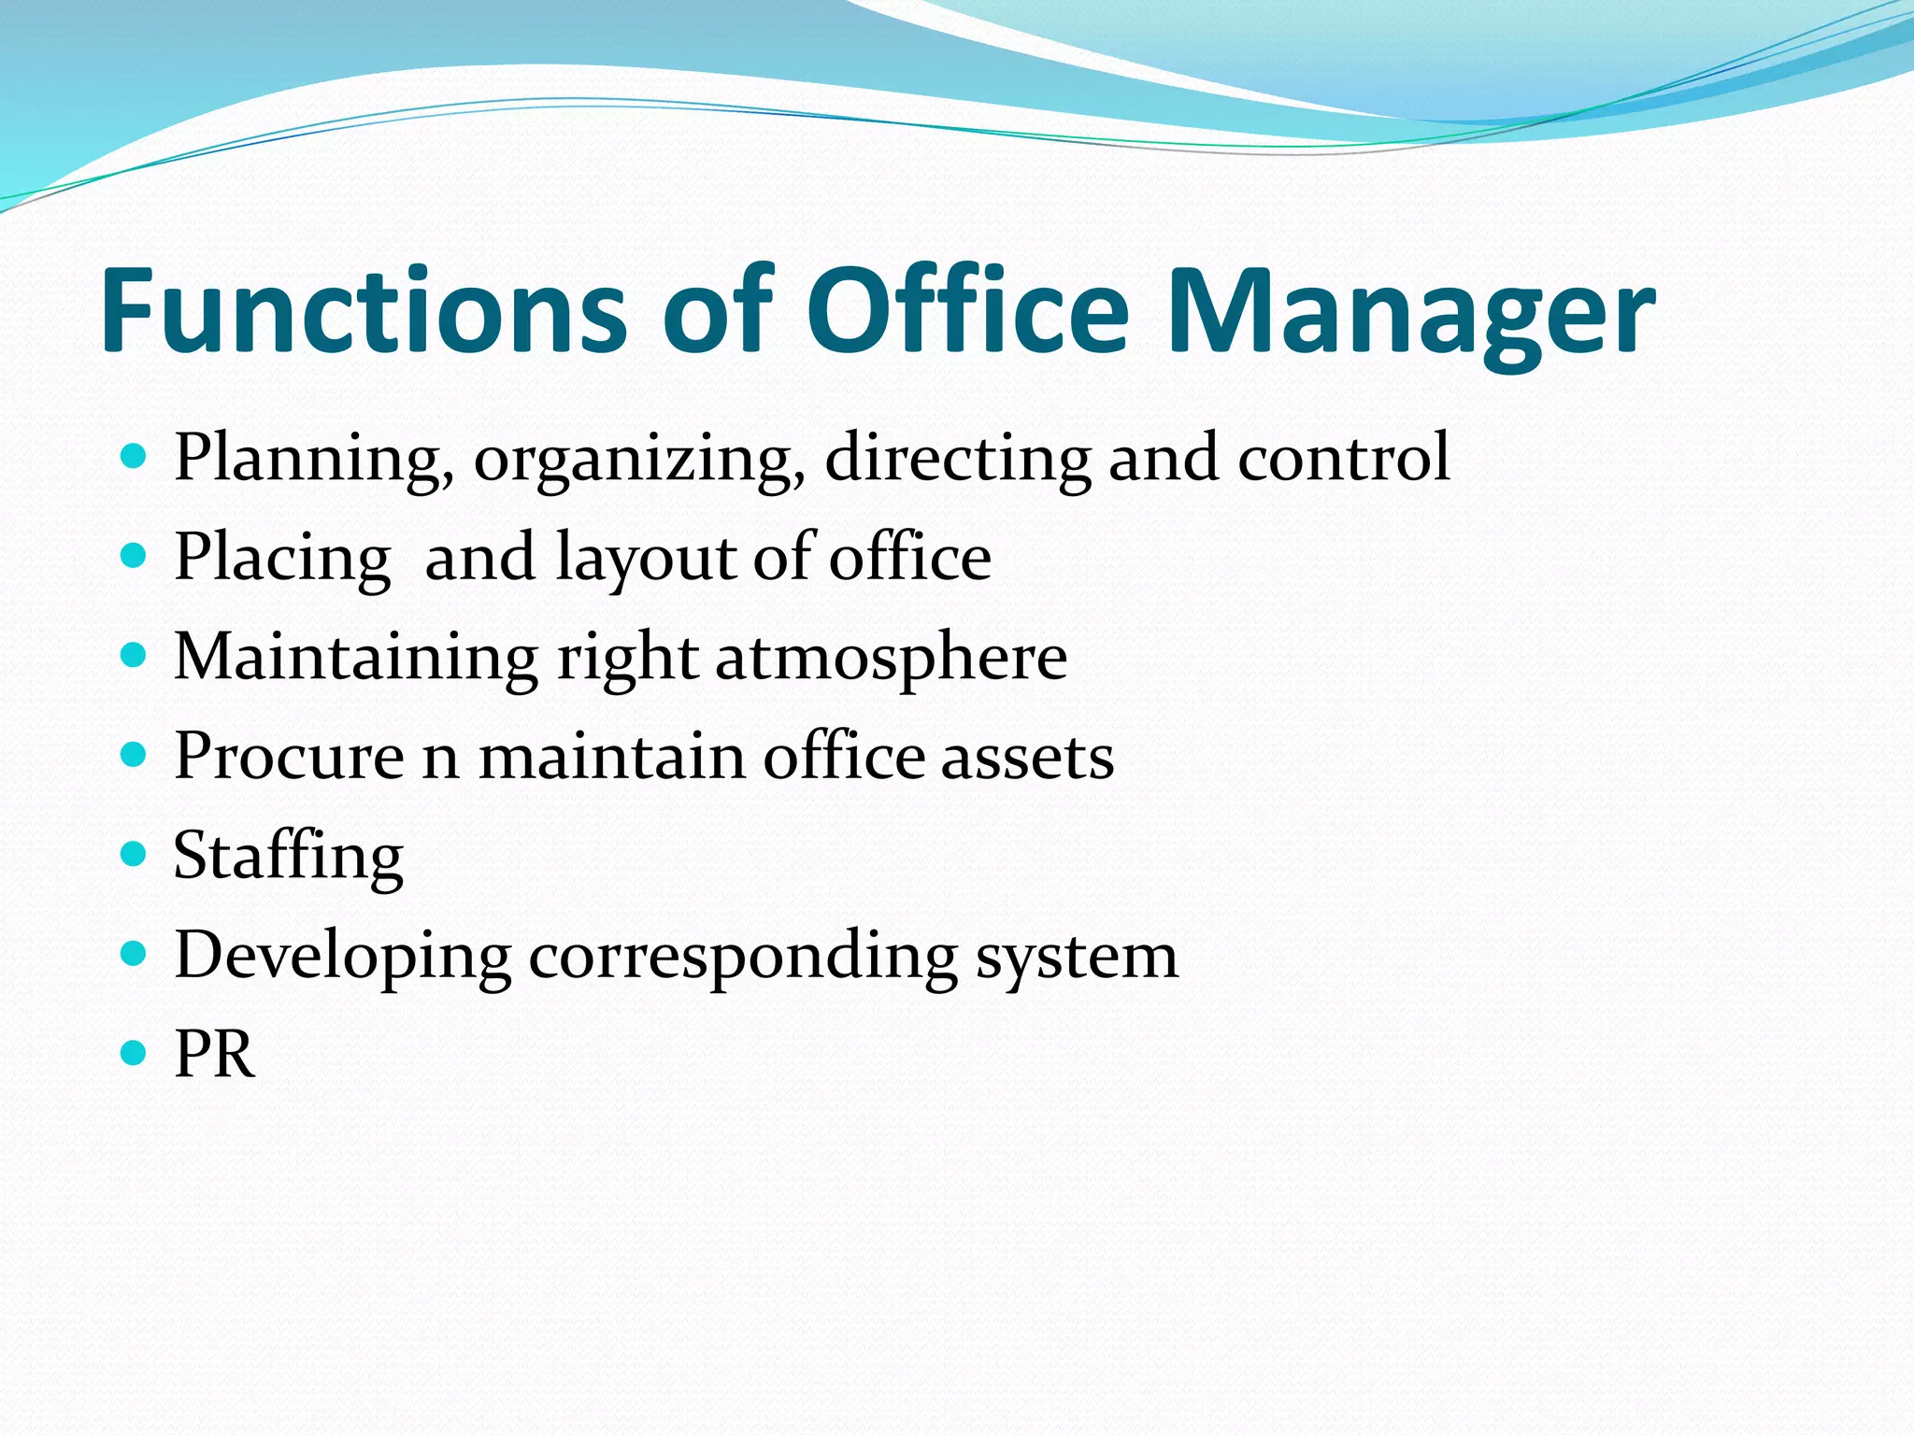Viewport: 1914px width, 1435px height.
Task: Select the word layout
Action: [x=646, y=558]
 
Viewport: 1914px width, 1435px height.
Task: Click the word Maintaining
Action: [x=356, y=656]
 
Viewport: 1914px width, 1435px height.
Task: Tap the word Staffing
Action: [x=289, y=856]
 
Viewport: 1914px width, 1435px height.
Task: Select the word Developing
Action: [x=342, y=956]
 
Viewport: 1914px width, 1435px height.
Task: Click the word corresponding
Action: [x=743, y=956]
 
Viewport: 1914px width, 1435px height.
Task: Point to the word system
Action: [x=1077, y=956]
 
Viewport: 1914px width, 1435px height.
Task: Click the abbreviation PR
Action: [x=214, y=1055]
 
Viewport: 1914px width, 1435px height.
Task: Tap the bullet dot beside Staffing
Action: [x=135, y=854]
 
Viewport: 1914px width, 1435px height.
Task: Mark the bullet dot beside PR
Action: [x=135, y=1053]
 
